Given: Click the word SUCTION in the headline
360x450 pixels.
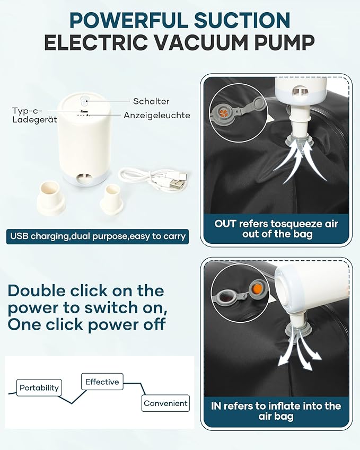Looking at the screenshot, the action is [x=242, y=20].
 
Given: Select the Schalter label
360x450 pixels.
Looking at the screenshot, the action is [x=151, y=101].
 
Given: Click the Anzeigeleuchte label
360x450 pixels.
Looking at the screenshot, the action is [x=157, y=115].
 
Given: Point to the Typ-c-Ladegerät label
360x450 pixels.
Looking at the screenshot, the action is [x=34, y=115].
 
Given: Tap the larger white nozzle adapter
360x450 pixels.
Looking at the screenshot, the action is [x=51, y=198].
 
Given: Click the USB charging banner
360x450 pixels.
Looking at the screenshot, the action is [x=98, y=236].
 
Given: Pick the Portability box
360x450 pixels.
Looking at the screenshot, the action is [x=39, y=387].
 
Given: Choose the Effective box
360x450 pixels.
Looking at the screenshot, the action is [x=102, y=382].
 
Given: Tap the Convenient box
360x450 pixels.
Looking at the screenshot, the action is [x=165, y=403].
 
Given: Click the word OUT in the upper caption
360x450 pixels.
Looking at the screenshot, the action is [x=225, y=224].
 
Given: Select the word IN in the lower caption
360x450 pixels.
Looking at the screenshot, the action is [x=216, y=406].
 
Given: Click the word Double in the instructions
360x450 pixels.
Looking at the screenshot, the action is [x=37, y=290].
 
